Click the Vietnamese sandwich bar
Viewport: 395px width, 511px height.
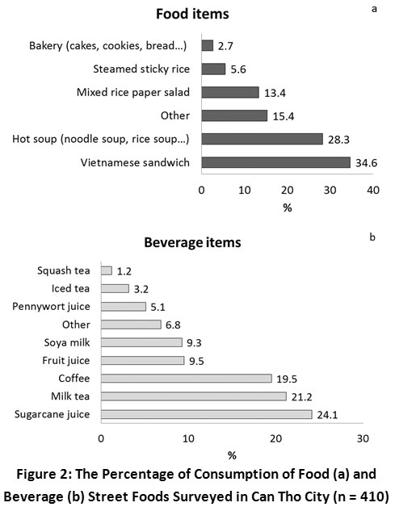pos(276,162)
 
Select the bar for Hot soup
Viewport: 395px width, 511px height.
pos(263,139)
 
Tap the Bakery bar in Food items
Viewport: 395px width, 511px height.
pos(208,45)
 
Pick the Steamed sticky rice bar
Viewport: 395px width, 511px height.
pos(213,69)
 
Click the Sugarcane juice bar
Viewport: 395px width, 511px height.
pos(207,415)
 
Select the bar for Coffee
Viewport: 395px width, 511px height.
pos(187,379)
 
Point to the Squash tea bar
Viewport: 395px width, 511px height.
pos(107,270)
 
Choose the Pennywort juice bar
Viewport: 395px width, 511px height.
pos(124,306)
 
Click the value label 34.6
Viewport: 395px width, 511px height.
pos(366,162)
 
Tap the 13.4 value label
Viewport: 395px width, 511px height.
pos(275,93)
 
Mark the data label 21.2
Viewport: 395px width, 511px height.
pos(302,397)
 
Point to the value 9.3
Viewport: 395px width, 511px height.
pos(194,343)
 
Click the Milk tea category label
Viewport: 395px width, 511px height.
pos(70,396)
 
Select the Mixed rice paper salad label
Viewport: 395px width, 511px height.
pos(133,92)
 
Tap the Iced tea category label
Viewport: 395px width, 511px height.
pos(70,288)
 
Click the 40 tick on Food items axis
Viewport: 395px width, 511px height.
pos(373,190)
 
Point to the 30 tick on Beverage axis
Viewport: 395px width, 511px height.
pos(363,438)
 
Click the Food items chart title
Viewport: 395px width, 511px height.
pos(192,14)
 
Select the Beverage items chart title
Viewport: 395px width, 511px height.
pos(192,243)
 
